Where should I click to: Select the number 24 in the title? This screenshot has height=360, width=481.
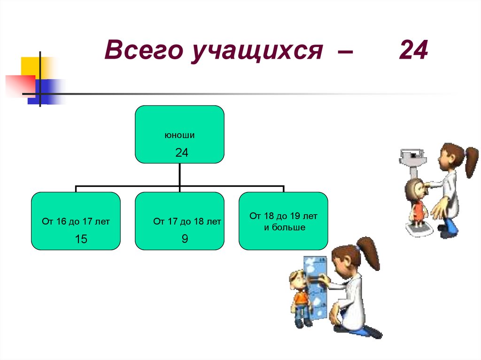click(413, 50)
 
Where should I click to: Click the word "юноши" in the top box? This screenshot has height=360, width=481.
click(179, 135)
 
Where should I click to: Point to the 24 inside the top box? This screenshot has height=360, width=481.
click(182, 153)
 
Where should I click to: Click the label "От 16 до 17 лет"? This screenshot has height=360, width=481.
click(76, 222)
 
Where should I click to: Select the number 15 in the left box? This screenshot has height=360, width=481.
click(81, 239)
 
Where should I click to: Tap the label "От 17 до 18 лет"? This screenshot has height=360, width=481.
click(187, 221)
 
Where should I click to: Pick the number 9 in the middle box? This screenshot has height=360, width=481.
click(185, 239)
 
